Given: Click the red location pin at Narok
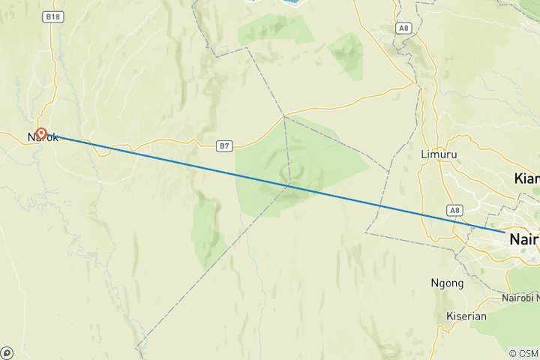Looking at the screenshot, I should pyautogui.click(x=42, y=133).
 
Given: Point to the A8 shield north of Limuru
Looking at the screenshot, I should pyautogui.click(x=405, y=28).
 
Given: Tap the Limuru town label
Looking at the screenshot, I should pyautogui.click(x=439, y=154).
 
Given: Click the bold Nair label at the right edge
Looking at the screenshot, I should pyautogui.click(x=524, y=240).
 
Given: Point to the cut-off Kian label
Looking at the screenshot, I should pyautogui.click(x=527, y=178).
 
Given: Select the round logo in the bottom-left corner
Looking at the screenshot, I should pyautogui.click(x=7, y=352).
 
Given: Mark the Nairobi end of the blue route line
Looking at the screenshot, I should pyautogui.click(x=503, y=232).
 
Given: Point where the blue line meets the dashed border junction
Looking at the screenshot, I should pyautogui.click(x=290, y=184).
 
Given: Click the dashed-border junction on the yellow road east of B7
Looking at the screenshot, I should pyautogui.click(x=284, y=116).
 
